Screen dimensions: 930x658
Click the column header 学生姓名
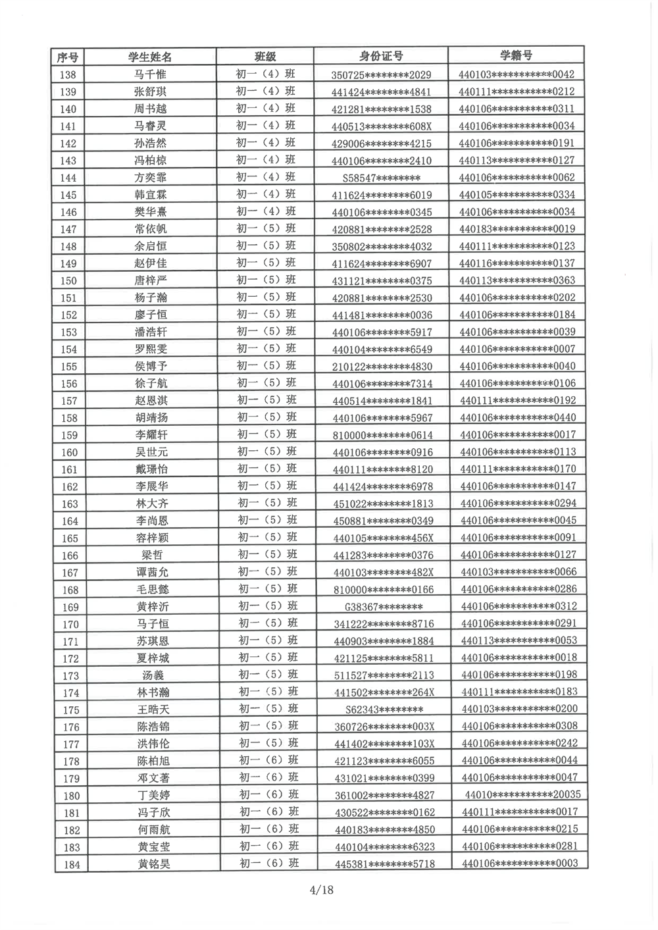coord(150,57)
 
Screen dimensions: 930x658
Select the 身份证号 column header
coord(381,57)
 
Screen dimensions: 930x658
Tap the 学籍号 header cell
coord(517,56)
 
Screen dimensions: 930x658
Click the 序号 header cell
coord(68,57)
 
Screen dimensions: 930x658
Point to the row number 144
coord(68,178)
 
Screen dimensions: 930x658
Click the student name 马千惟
coord(150,75)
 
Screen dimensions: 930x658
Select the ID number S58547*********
coord(382,178)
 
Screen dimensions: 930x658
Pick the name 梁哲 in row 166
coord(152,555)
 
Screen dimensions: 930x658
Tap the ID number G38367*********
coord(384,607)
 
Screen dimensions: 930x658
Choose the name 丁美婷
coord(153,795)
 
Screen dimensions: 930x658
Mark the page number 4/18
coord(322,890)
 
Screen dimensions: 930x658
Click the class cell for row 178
coord(268,760)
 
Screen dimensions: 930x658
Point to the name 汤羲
coord(153,675)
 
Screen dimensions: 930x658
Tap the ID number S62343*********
coord(384,710)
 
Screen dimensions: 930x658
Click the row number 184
coord(72,864)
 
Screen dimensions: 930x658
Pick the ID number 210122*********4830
coord(382,367)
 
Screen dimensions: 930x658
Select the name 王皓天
coord(153,710)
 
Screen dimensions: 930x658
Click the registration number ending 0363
coord(517,280)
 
